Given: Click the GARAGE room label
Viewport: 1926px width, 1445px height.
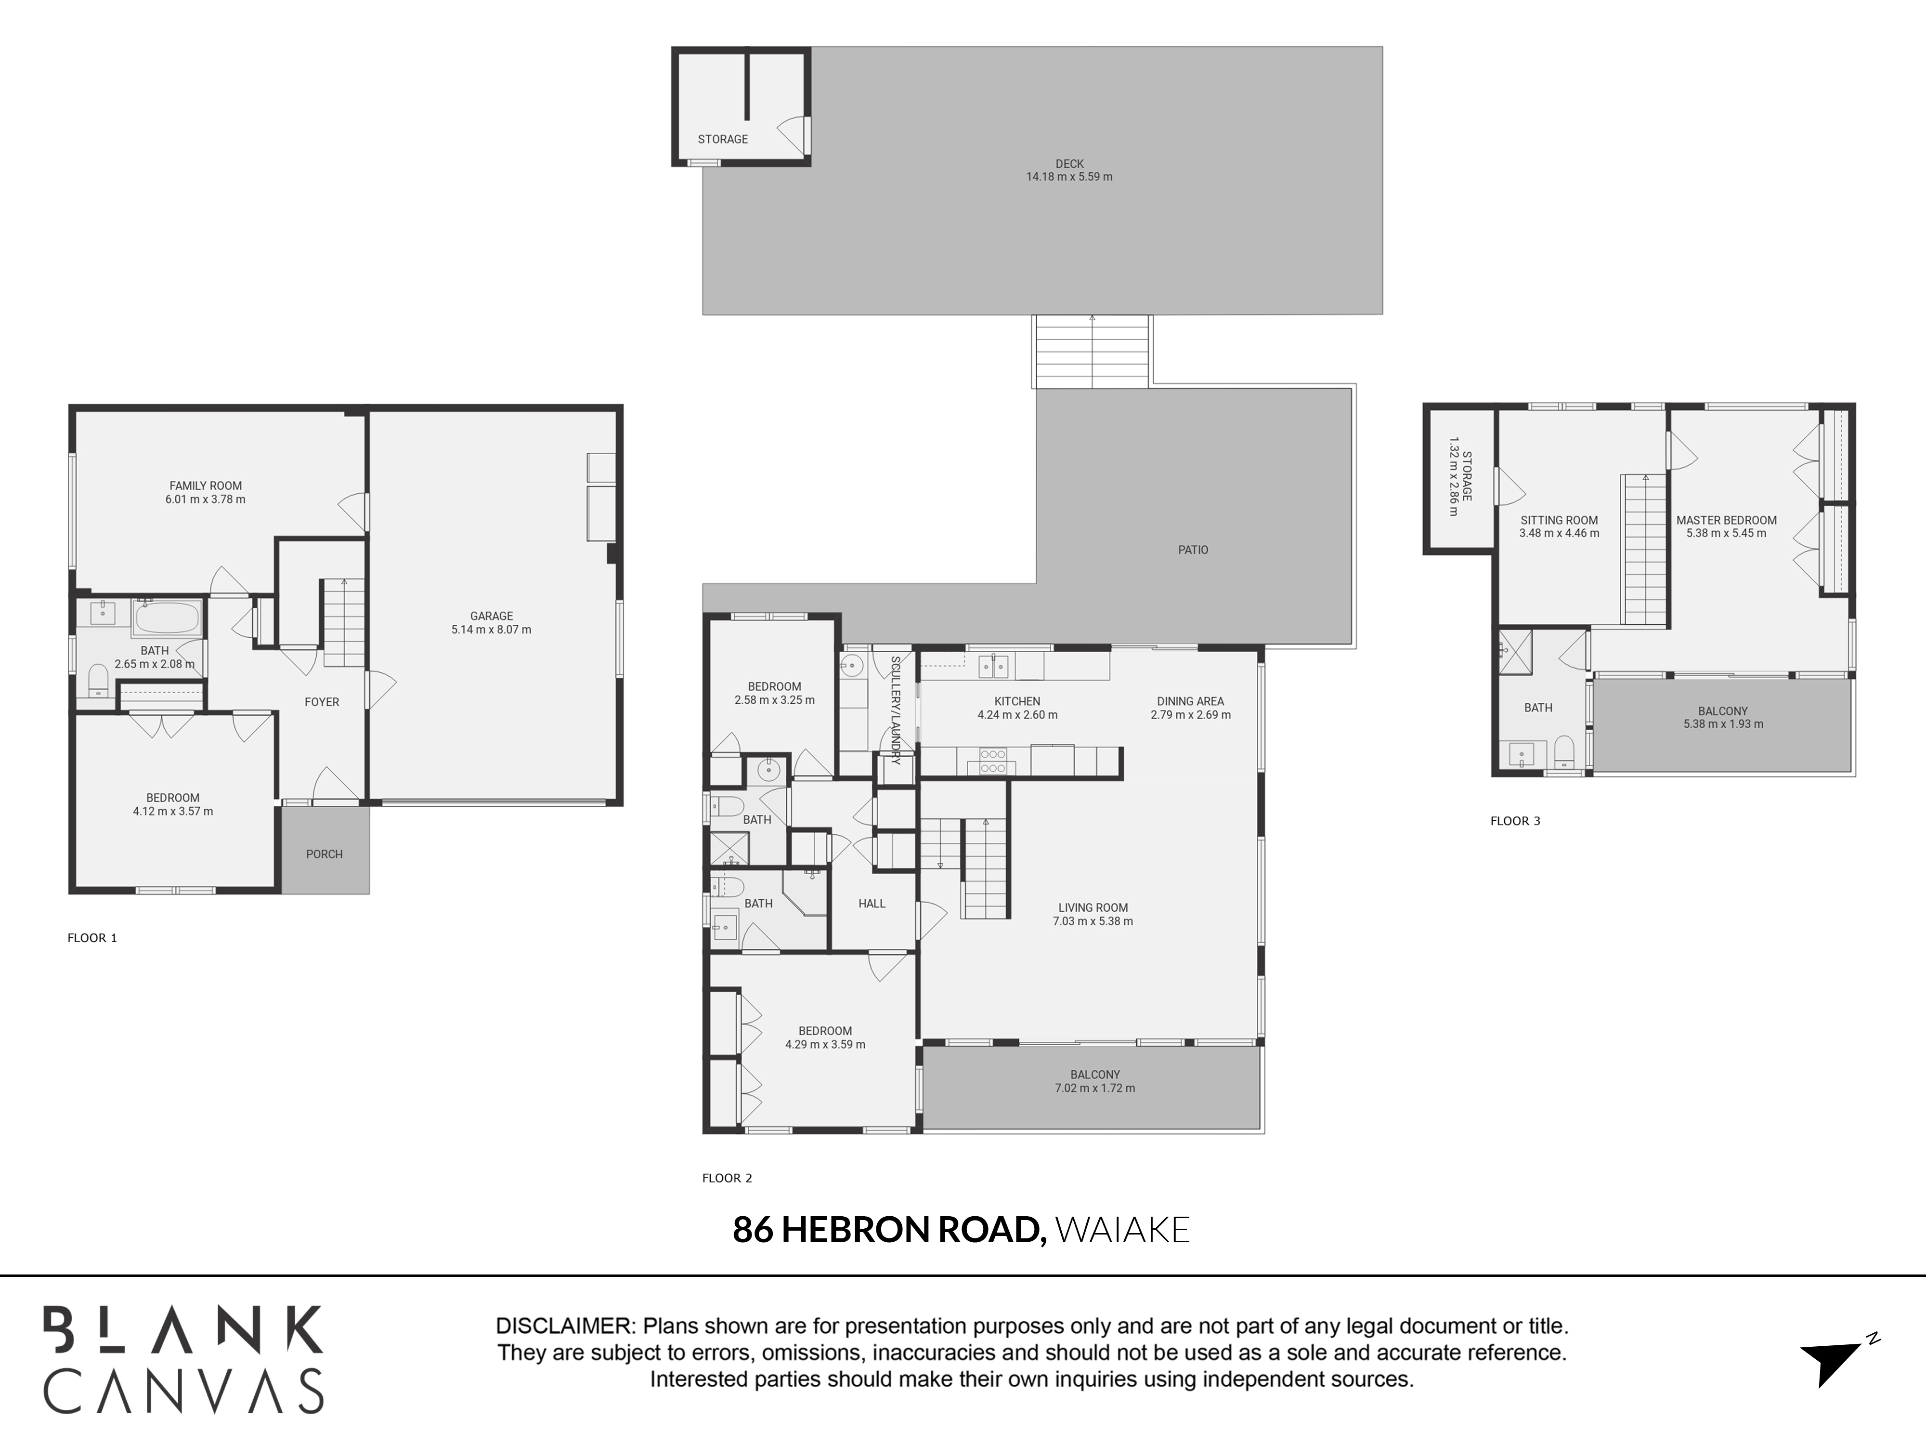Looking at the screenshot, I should coord(491,616).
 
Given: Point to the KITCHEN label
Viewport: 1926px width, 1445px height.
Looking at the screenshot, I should coord(1017,701).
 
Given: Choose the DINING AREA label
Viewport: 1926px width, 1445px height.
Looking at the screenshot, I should coord(1190,701).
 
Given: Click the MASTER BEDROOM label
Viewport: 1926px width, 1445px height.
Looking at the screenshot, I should coord(1726,521).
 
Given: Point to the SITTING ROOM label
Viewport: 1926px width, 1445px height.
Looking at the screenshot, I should coord(1559,521).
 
